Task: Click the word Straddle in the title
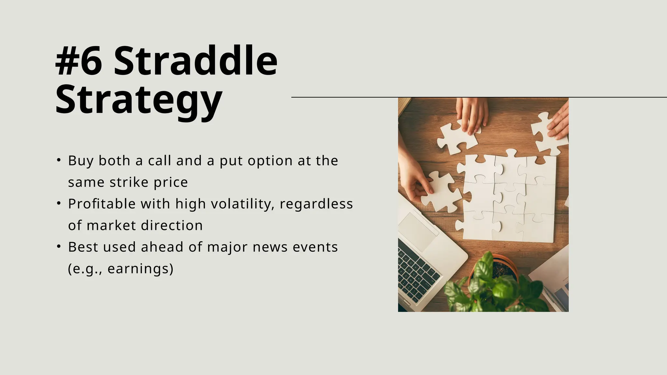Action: click(195, 61)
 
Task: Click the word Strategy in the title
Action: click(139, 99)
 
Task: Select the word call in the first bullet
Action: click(160, 161)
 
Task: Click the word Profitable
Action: click(102, 204)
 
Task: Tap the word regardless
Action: click(316, 204)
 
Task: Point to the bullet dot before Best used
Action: click(59, 246)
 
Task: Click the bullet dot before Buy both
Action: click(59, 160)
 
